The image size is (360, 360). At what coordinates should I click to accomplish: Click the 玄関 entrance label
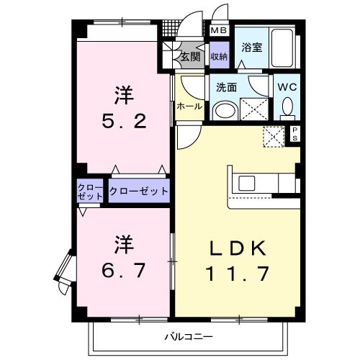click(x=190, y=56)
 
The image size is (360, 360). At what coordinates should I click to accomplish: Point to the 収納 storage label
click(x=219, y=56)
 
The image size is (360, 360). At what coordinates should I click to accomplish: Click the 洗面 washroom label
click(x=227, y=87)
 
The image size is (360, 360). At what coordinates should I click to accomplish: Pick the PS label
click(x=295, y=133)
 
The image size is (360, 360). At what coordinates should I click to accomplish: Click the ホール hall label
click(x=189, y=105)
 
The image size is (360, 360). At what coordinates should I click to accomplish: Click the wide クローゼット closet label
click(x=139, y=192)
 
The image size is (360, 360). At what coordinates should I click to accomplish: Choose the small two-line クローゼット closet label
click(x=91, y=192)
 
